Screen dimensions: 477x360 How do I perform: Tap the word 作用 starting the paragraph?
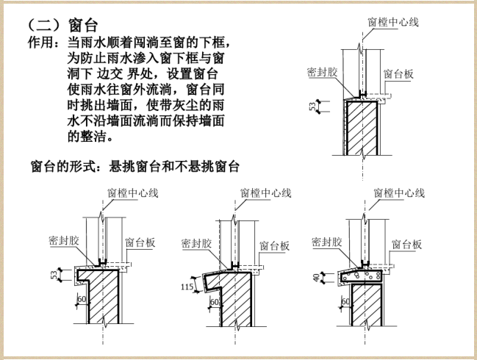coord(40,43)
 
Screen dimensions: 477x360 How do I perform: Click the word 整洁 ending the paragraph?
coord(95,136)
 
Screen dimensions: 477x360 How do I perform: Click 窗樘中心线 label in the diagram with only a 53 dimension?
coord(392,22)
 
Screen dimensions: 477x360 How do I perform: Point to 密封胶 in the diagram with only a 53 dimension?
coord(321,73)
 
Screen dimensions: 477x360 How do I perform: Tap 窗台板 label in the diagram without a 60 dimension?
coord(398,74)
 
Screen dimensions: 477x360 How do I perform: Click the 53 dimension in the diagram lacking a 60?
coord(312,108)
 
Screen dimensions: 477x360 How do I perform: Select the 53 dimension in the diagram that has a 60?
coord(54,276)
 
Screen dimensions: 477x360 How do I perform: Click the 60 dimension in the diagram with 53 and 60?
coord(82,299)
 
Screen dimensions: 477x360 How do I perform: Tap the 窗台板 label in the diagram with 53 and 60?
coord(140,242)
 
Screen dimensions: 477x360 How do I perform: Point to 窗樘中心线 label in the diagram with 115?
coord(265,192)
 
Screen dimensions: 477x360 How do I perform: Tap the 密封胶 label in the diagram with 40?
coord(327,242)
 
